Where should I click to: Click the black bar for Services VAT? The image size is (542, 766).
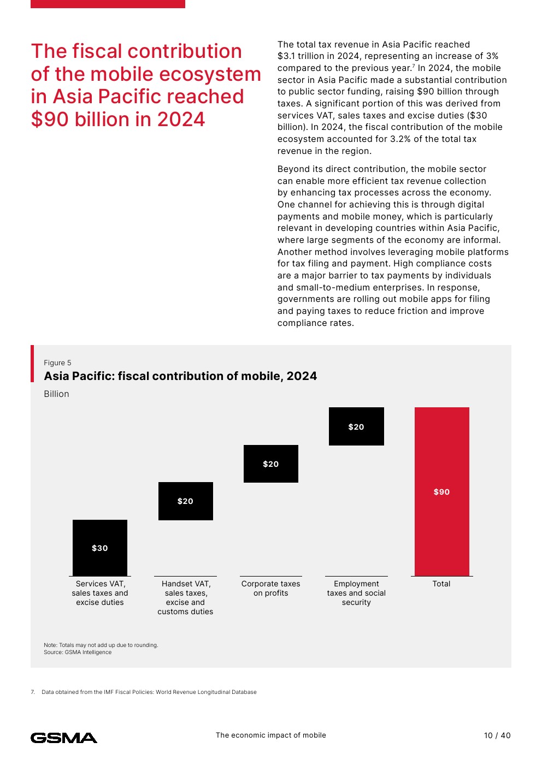(100, 548)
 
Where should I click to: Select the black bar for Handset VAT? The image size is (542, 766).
(185, 501)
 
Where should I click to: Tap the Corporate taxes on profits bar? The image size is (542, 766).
(271, 464)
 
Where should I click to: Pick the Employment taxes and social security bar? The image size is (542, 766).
(356, 426)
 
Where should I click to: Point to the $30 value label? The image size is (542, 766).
(100, 548)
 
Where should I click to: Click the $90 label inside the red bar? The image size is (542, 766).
(441, 492)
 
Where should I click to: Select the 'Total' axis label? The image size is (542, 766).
(441, 584)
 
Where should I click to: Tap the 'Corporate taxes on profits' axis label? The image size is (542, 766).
(271, 589)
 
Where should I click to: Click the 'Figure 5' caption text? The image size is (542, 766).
(57, 363)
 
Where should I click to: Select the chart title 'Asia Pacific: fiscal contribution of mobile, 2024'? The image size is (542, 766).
(180, 376)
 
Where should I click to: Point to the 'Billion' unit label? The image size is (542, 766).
(56, 394)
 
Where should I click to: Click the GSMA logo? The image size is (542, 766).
(64, 738)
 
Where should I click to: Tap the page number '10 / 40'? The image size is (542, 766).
(497, 735)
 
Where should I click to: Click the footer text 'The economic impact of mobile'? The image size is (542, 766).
(271, 735)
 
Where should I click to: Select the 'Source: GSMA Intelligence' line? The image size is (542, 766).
(78, 652)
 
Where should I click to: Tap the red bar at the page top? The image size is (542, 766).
(108, 4)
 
